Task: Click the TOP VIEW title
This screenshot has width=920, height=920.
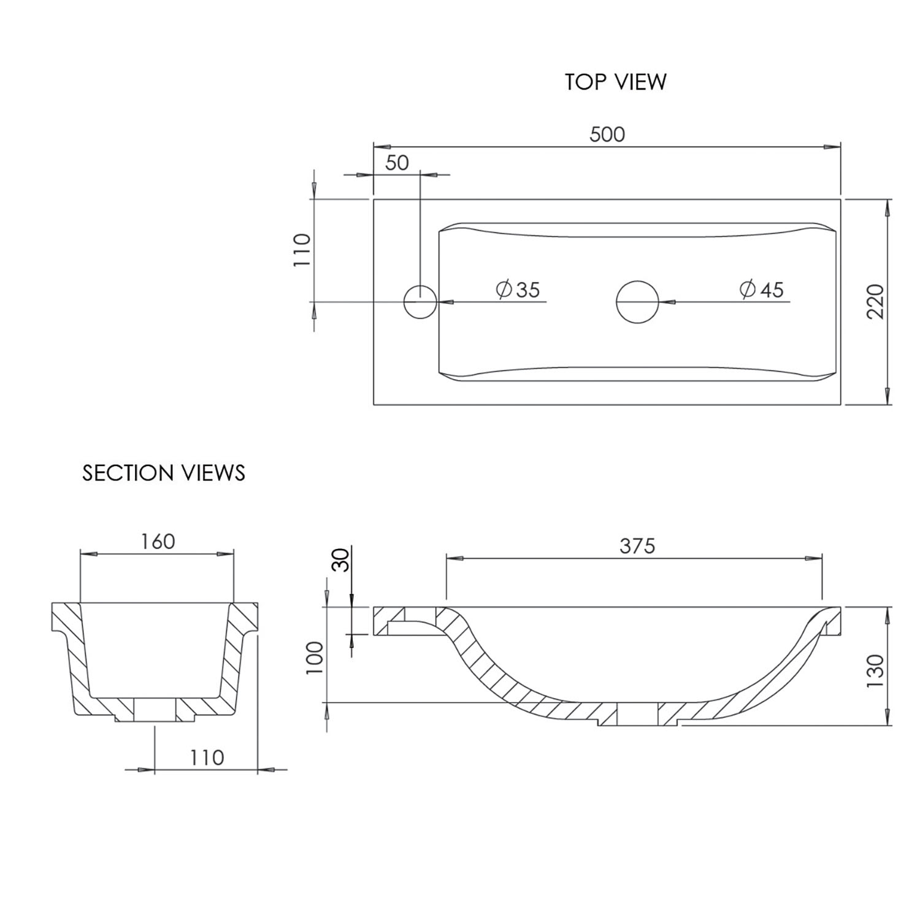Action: pos(615,82)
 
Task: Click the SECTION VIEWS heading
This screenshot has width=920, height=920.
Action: pos(164,473)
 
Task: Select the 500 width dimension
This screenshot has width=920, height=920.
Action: pos(607,134)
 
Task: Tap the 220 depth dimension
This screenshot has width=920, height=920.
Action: pos(876,301)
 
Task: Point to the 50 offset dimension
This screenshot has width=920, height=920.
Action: pos(397,163)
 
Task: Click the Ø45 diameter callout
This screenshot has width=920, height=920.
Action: pos(762,289)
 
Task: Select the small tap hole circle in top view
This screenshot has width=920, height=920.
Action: pos(420,302)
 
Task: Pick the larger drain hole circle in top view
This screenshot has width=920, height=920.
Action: pos(637,302)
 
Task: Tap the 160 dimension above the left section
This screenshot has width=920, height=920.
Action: pos(158,542)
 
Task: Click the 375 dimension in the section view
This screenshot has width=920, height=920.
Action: pos(637,545)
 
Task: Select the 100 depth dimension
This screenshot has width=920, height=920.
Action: pos(315,657)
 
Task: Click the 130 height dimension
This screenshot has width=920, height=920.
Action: pos(875,670)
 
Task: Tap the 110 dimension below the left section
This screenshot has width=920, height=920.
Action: pos(207,758)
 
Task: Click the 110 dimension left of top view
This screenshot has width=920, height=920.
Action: pos(301,250)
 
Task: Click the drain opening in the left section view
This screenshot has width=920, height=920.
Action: pos(155,710)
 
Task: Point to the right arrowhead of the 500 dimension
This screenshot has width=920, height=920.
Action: pos(832,147)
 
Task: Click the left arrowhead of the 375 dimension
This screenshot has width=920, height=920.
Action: pos(454,559)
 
